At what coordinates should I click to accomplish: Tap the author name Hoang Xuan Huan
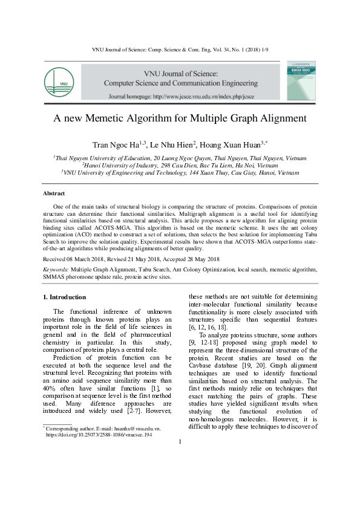[x=234, y=144]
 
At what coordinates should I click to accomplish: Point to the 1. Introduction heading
[x=64, y=297]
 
